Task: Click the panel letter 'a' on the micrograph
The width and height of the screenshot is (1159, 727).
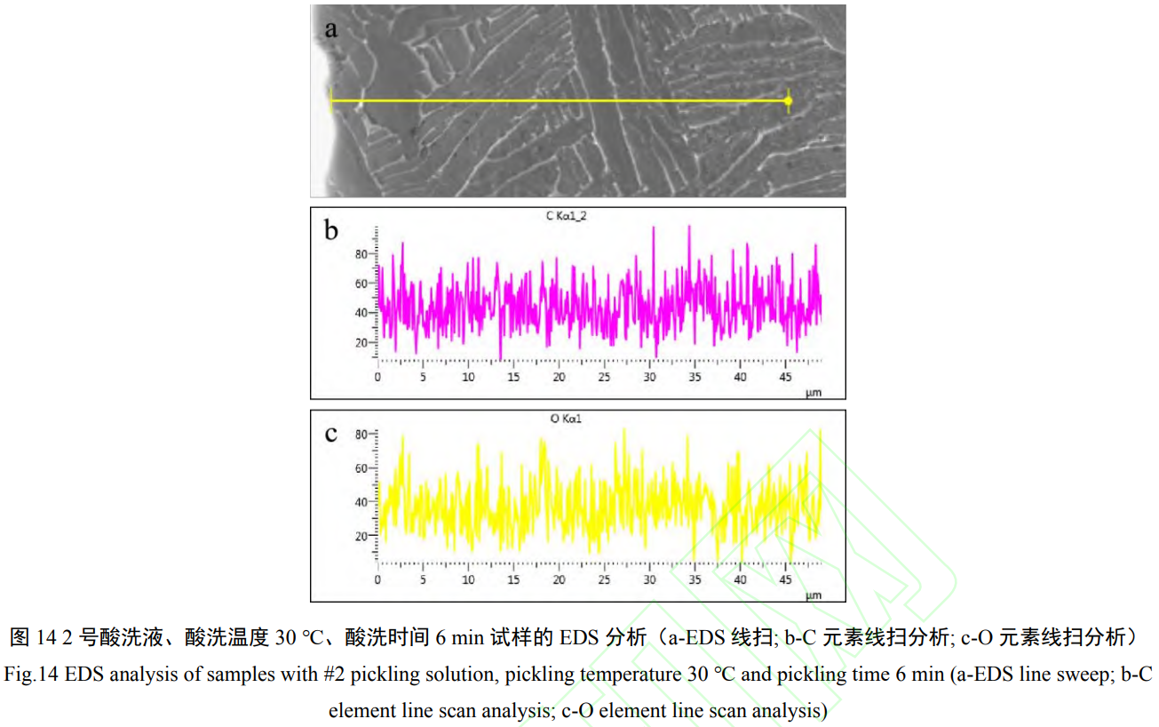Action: point(331,28)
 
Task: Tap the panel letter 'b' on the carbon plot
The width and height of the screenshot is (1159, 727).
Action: point(331,231)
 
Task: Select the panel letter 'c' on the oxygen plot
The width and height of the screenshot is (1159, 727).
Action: point(331,434)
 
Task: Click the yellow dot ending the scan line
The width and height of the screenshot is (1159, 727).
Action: point(788,101)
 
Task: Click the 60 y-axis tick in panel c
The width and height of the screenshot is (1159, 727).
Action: point(361,467)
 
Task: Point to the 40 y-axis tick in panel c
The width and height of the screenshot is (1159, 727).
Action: point(361,502)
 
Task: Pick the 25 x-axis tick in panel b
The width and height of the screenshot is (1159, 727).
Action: point(604,377)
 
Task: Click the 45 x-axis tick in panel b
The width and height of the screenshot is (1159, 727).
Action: point(786,377)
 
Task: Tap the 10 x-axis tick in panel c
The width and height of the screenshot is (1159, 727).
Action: point(468,580)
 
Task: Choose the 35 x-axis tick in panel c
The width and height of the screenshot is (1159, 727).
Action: point(695,580)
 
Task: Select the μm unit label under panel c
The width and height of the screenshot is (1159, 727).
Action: point(814,595)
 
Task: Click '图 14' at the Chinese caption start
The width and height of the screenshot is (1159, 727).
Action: point(34,637)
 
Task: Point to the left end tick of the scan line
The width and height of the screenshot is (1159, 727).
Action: point(330,100)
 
